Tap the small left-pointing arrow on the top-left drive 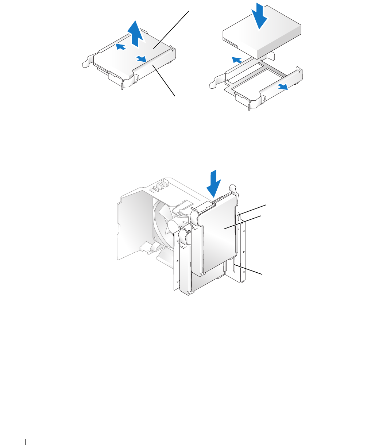click(121, 46)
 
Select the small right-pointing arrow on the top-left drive click(141, 59)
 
